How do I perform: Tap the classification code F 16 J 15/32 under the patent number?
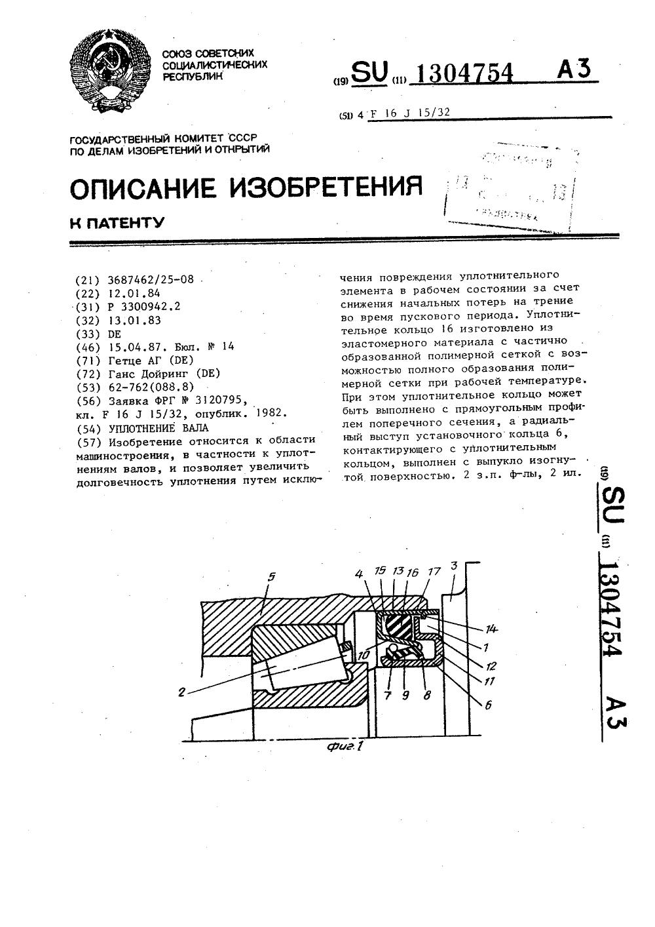point(410,113)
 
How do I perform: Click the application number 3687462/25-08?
point(150,279)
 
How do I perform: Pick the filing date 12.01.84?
point(133,293)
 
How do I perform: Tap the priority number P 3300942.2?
point(143,306)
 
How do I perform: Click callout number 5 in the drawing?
point(271,577)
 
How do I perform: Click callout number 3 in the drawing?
point(454,565)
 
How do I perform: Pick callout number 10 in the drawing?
point(364,654)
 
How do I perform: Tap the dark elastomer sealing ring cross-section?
point(398,629)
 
